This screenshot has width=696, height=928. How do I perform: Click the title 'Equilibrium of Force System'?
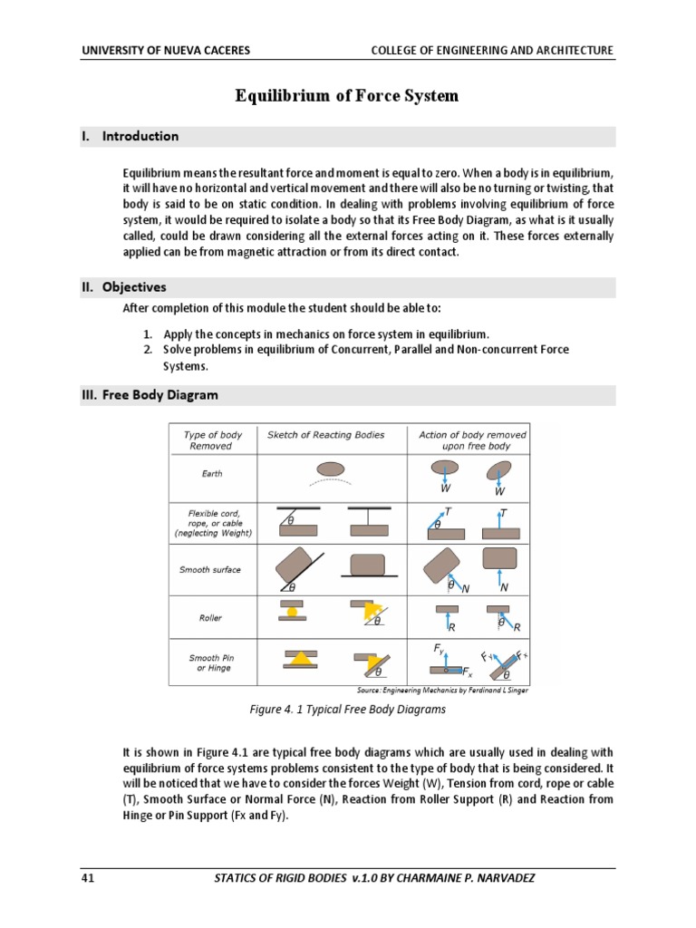[347, 95]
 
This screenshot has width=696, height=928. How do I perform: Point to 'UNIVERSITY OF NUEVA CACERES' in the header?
[166, 51]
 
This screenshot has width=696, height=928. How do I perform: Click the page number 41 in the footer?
[88, 878]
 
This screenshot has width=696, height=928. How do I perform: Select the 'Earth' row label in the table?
[211, 473]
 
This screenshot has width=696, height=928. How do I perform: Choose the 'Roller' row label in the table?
[210, 618]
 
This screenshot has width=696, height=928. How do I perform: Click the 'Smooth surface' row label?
[210, 570]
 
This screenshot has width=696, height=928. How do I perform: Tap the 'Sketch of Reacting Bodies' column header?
[325, 435]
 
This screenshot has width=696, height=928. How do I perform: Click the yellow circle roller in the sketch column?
[292, 612]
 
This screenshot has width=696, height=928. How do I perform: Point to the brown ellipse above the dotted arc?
[331, 468]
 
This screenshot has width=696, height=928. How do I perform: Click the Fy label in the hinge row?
[439, 649]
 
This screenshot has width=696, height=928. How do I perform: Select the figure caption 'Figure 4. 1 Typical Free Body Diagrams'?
[348, 710]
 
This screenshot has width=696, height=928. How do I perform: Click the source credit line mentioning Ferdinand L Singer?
[442, 691]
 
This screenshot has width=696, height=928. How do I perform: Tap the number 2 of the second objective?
[146, 349]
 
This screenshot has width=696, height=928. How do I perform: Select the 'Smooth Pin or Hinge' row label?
[210, 662]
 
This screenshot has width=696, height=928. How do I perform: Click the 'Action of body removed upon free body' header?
[471, 440]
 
